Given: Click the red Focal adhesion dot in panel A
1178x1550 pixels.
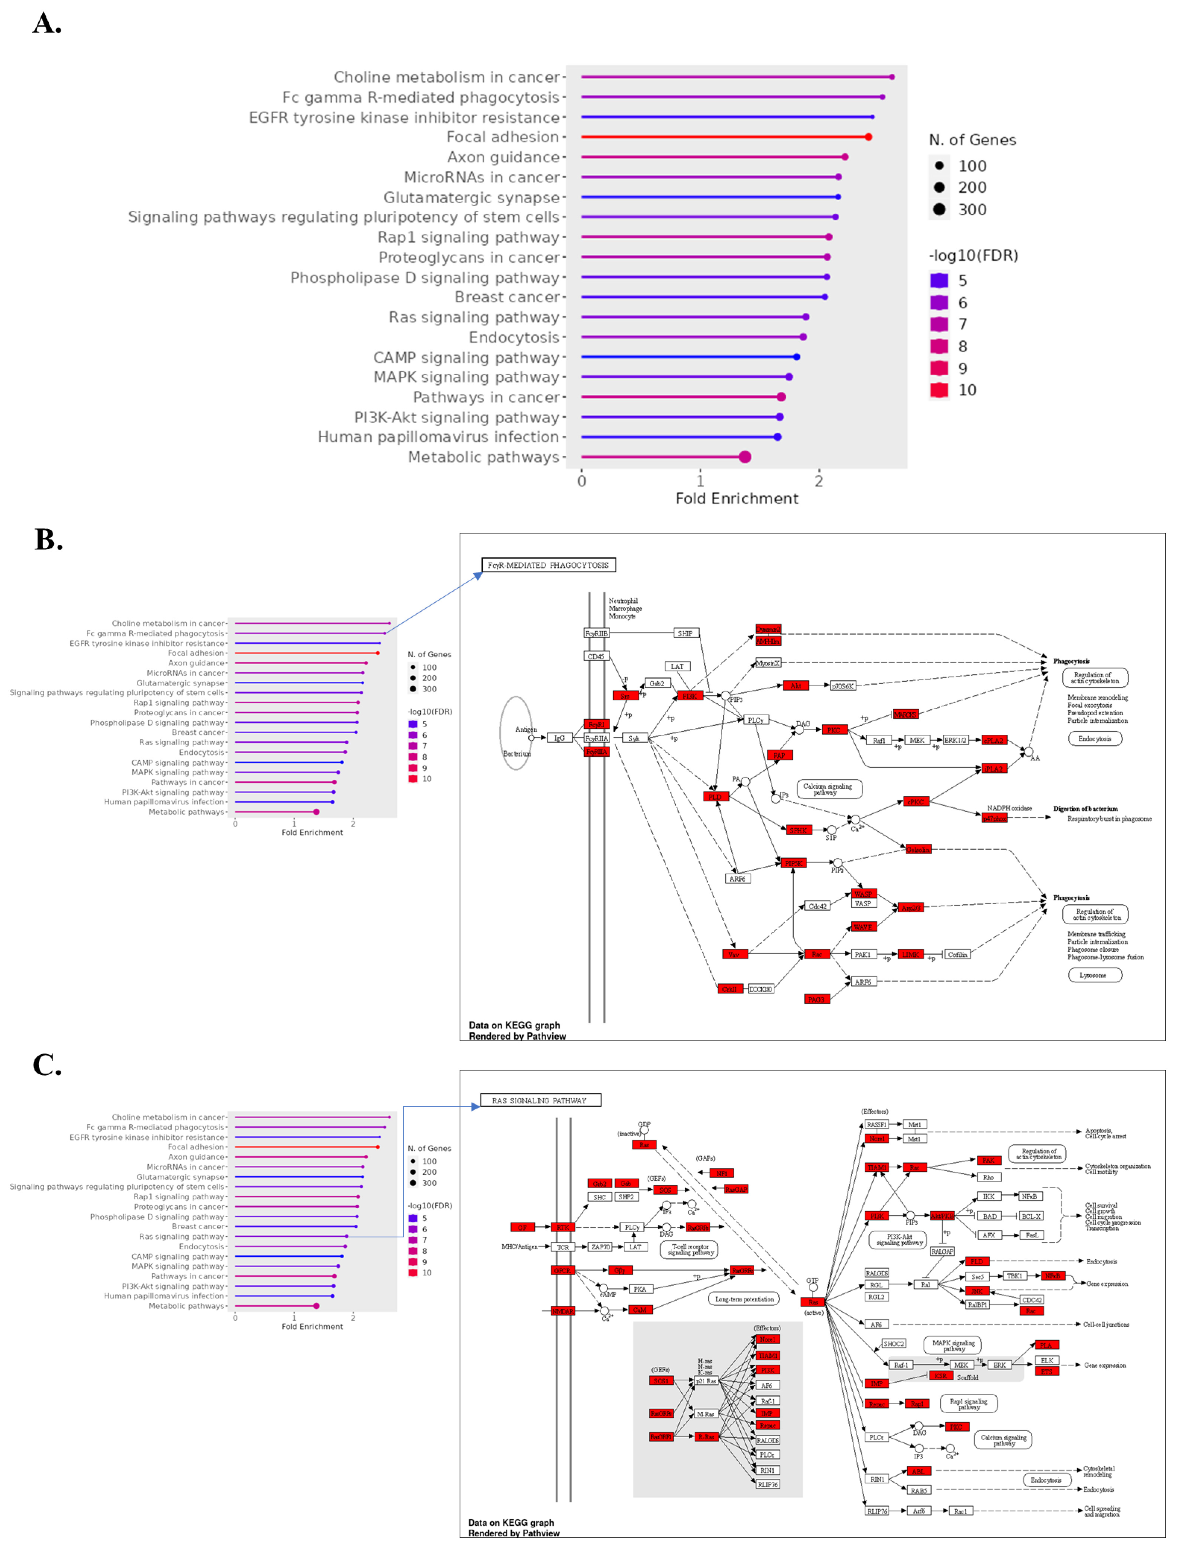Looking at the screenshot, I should (x=868, y=137).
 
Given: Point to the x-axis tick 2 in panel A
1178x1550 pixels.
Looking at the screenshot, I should (x=818, y=481).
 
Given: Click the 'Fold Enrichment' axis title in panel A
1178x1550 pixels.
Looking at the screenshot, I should (x=736, y=499).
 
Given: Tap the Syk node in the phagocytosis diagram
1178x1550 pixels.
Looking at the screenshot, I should (x=634, y=738).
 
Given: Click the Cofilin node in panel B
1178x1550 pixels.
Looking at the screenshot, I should (x=957, y=955).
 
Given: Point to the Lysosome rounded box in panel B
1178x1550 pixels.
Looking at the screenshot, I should (x=1094, y=975).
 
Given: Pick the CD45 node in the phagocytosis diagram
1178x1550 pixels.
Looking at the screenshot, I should (x=596, y=656).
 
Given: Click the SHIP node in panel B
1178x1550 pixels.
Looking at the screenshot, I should (x=685, y=633).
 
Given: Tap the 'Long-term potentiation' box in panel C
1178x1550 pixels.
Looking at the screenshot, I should (x=744, y=1299).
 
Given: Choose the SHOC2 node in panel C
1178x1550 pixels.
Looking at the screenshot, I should (x=893, y=1344).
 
